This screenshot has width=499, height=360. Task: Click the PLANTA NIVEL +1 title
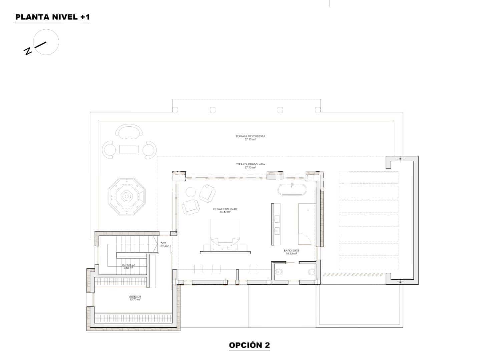[x=52, y=17]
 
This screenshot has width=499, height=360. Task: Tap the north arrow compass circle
[x=47, y=42]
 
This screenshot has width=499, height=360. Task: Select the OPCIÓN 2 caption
[x=249, y=345]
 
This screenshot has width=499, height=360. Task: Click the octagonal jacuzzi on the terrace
[x=126, y=196]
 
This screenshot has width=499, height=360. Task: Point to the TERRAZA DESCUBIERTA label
[x=250, y=136]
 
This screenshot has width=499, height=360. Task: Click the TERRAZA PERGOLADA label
[x=250, y=164]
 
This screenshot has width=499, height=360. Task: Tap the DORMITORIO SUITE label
[x=225, y=209]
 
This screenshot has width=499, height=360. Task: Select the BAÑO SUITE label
[x=291, y=250]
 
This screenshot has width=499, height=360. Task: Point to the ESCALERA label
[x=128, y=265]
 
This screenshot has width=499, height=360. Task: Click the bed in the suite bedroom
[x=225, y=233]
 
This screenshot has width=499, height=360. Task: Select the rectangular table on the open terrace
[x=129, y=149]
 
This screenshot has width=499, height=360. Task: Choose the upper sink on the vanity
[x=277, y=219]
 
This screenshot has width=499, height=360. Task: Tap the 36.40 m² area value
[x=225, y=212]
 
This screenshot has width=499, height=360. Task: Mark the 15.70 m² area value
[x=135, y=299]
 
